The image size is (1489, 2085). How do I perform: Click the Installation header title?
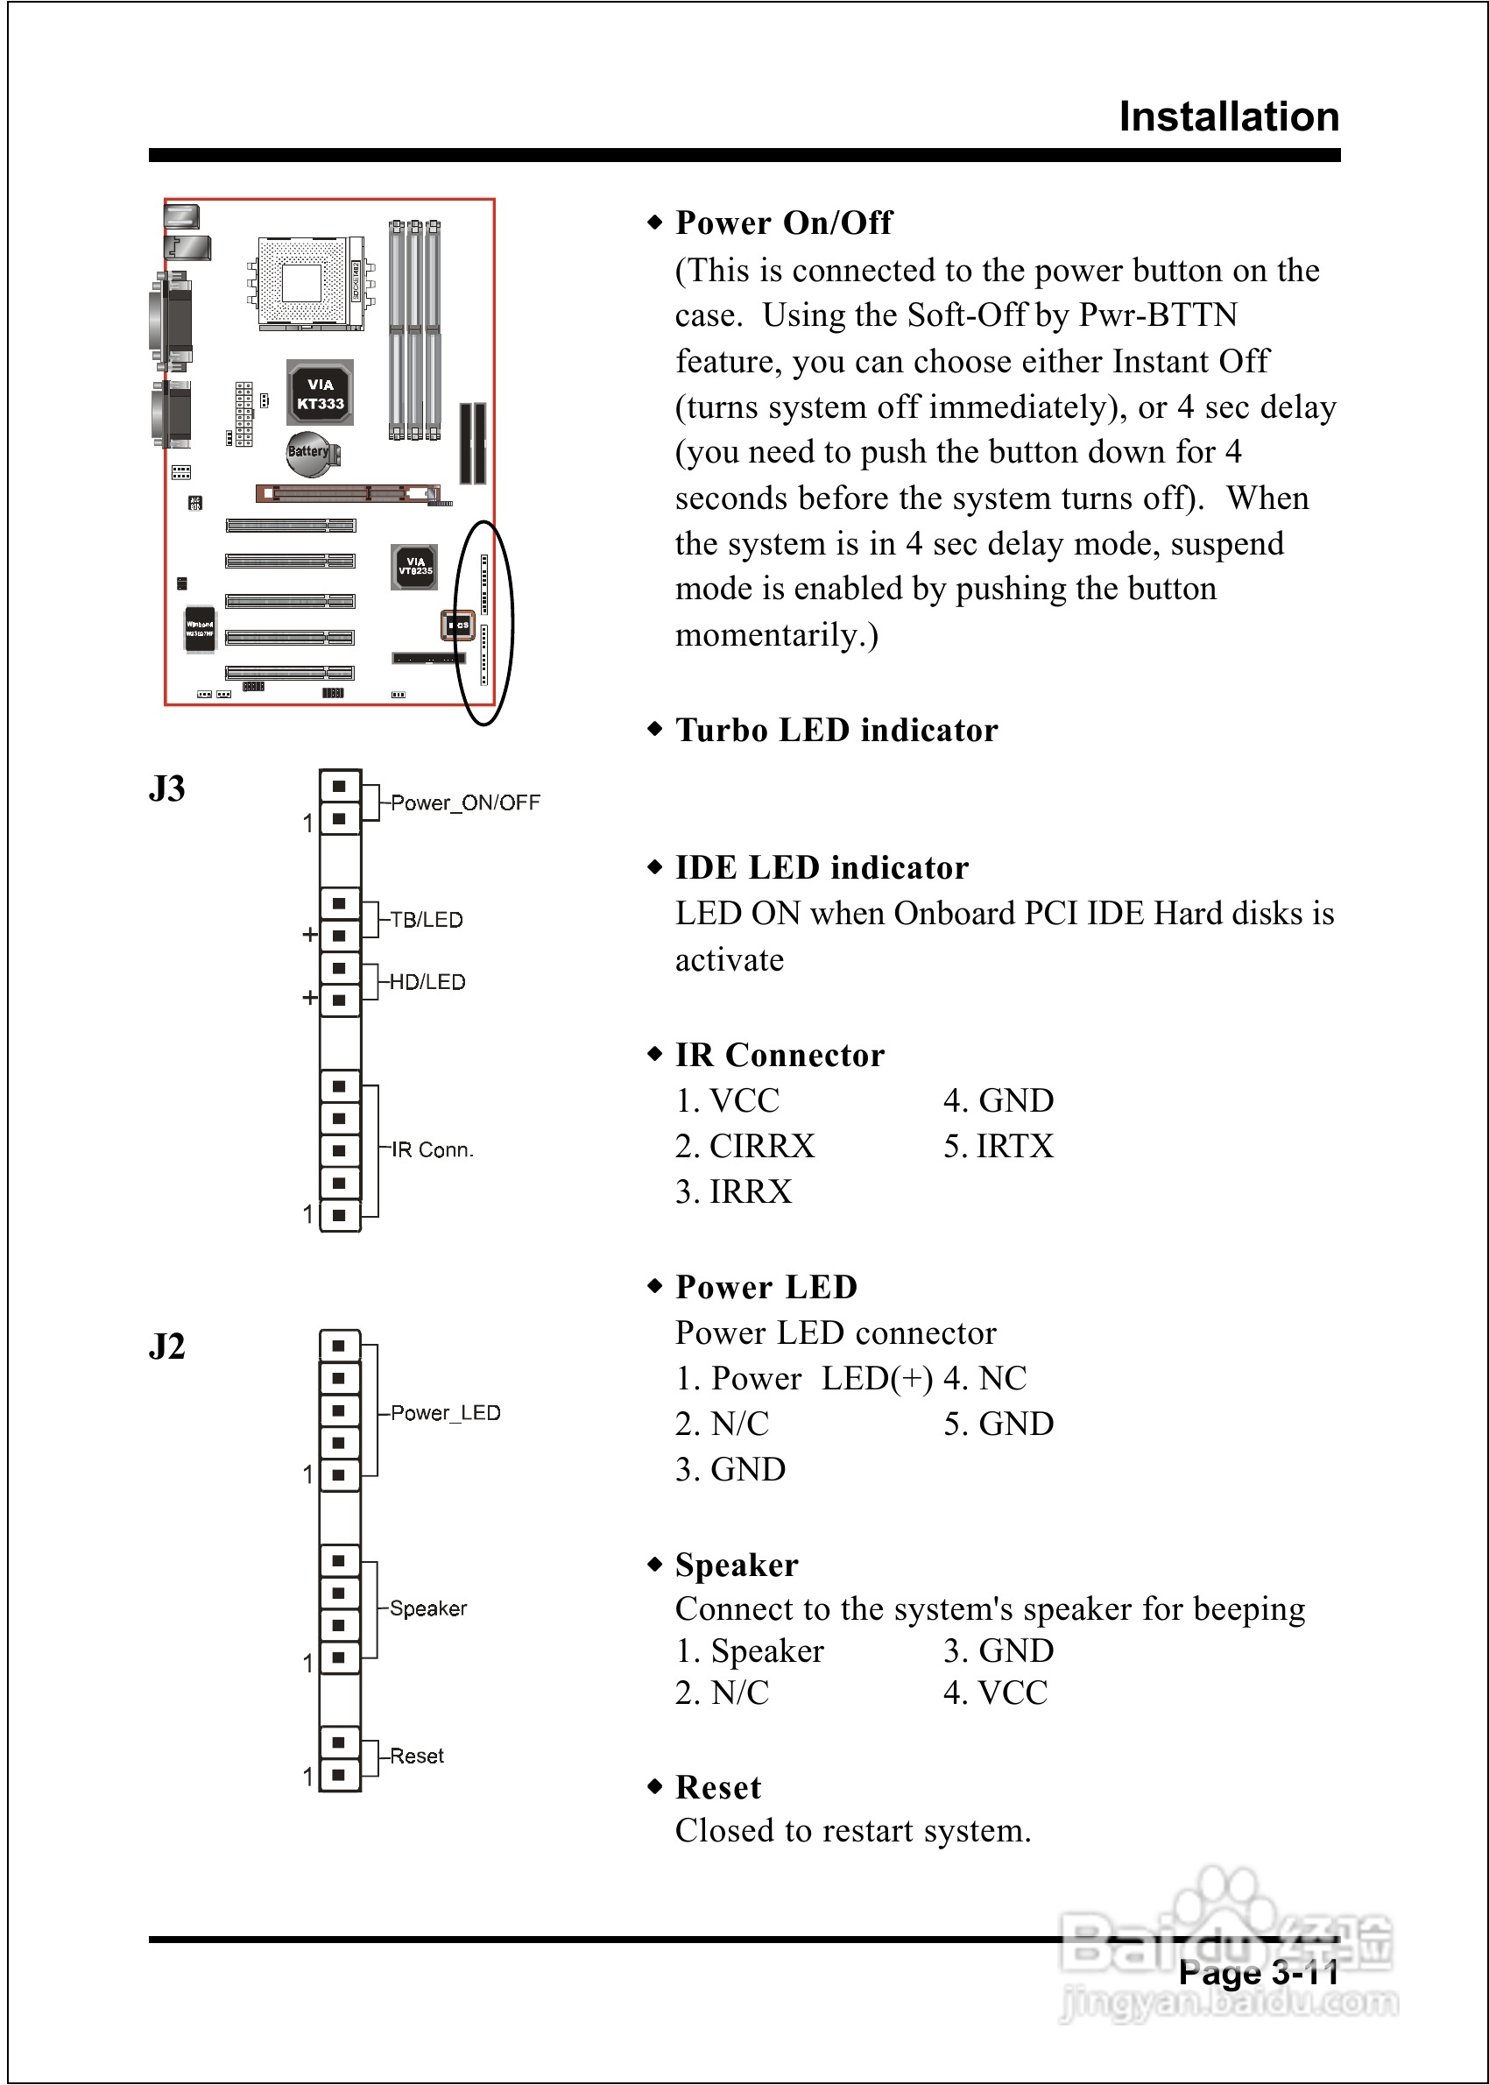[x=1229, y=117]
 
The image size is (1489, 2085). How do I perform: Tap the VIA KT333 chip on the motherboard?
[x=319, y=393]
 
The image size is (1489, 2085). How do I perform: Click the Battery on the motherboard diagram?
[x=308, y=453]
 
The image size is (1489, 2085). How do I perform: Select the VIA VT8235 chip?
[x=414, y=567]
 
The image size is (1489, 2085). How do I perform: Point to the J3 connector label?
[x=167, y=788]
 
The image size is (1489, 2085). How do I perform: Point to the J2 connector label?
[x=167, y=1346]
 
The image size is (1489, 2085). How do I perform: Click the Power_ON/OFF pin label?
[x=465, y=802]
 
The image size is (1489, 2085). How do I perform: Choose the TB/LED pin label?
[x=427, y=920]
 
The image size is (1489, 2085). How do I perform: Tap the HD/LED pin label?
[x=427, y=982]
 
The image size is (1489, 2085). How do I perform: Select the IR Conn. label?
[x=432, y=1149]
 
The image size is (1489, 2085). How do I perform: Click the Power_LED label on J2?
[x=446, y=1412]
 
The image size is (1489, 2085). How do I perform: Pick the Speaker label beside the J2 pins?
[x=428, y=1608]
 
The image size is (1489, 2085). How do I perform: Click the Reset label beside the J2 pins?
[x=416, y=1756]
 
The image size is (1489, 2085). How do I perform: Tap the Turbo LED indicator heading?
[x=836, y=730]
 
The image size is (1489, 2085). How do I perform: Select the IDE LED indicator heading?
[x=822, y=867]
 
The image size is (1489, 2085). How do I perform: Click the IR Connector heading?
[x=780, y=1055]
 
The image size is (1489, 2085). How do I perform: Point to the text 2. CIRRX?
[x=744, y=1146]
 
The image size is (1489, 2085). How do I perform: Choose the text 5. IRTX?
[x=999, y=1146]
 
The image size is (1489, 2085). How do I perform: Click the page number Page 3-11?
[x=1258, y=1972]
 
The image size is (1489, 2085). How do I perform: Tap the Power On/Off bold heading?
[x=784, y=223]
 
